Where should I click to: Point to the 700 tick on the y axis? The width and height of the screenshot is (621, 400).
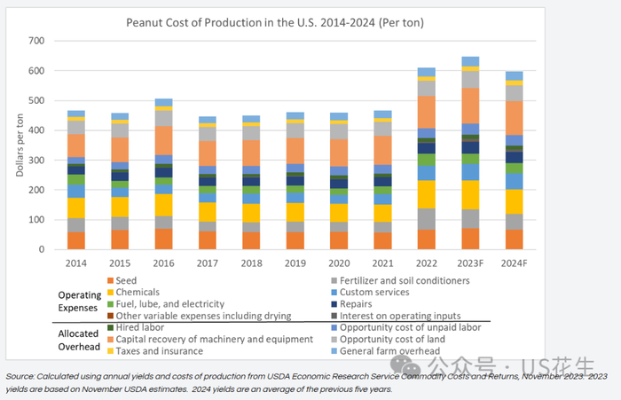[x=35, y=41]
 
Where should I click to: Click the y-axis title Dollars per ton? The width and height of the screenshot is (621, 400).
[x=19, y=145]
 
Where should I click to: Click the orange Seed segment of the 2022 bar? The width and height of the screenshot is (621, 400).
[x=427, y=239]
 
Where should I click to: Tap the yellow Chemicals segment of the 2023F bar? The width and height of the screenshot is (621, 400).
[x=470, y=194]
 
